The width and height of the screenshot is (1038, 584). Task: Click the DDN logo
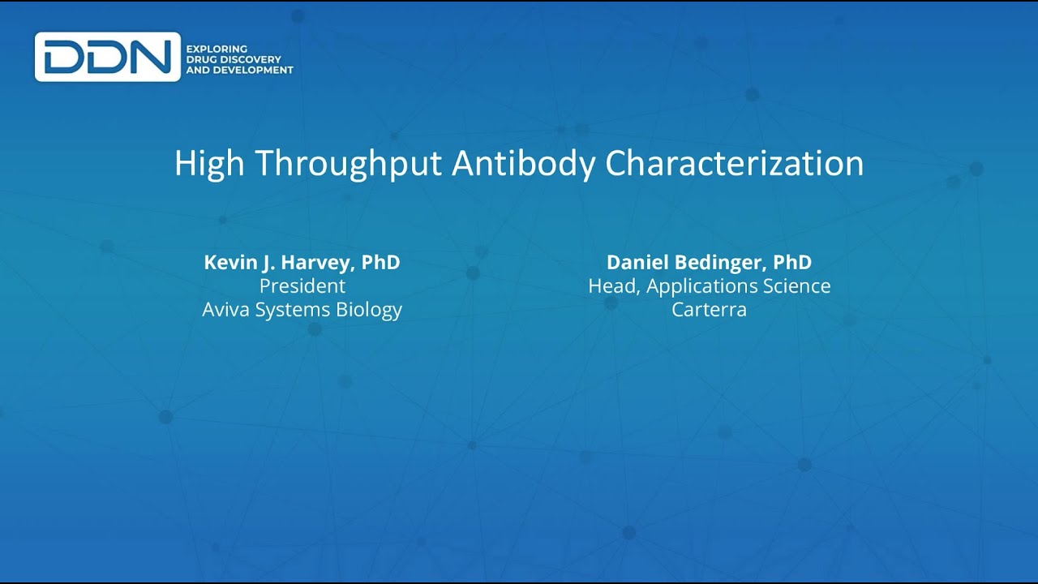click(107, 57)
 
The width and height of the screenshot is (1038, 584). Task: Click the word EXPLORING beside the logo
click(217, 49)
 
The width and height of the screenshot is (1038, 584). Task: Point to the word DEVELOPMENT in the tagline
click(254, 70)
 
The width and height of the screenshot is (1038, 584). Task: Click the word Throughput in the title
click(349, 164)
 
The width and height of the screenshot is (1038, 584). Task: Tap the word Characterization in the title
click(735, 164)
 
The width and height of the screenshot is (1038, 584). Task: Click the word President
click(302, 286)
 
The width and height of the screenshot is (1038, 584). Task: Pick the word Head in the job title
click(611, 286)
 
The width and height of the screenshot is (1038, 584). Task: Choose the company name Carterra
click(709, 310)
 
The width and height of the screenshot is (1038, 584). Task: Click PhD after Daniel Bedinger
click(792, 263)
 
